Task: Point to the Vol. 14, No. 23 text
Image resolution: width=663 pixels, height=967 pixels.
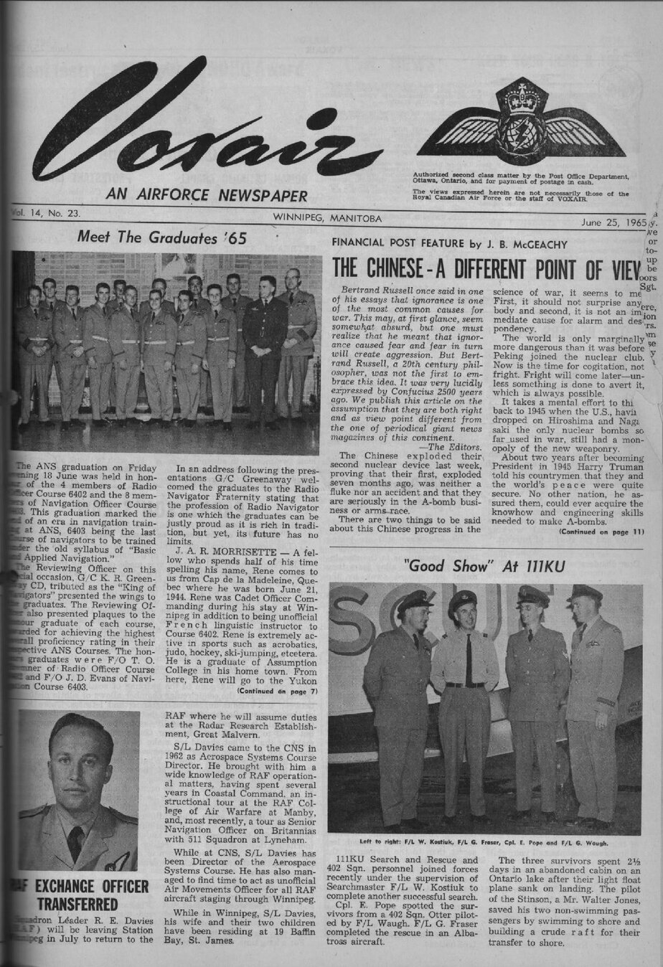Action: [47, 213]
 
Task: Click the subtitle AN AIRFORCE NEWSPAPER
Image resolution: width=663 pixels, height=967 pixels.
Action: [207, 195]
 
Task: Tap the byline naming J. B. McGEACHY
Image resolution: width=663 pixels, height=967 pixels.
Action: [449, 244]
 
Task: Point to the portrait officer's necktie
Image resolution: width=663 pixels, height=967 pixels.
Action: [75, 841]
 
